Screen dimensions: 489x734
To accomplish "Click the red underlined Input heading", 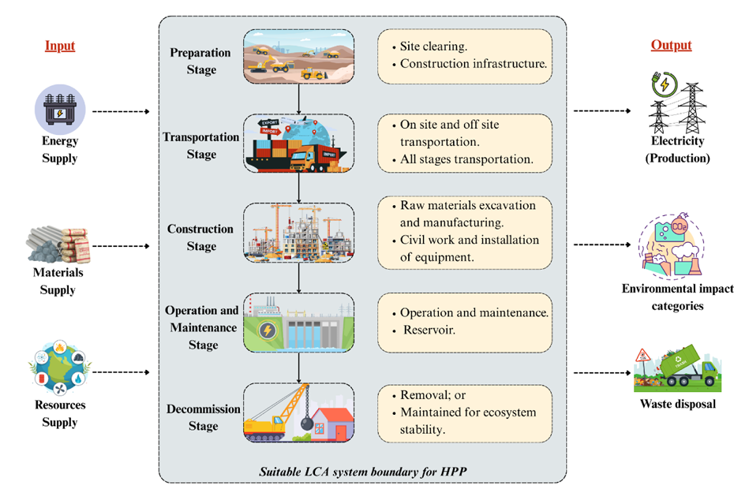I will pyautogui.click(x=60, y=46).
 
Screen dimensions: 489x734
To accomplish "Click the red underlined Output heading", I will pyautogui.click(x=671, y=46).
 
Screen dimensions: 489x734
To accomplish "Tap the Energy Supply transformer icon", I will pyautogui.click(x=60, y=108).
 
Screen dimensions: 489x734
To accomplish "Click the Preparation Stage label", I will pyautogui.click(x=200, y=61).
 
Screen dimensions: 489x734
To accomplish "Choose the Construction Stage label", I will pyautogui.click(x=200, y=237).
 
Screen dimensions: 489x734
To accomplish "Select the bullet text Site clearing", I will pyautogui.click(x=433, y=46).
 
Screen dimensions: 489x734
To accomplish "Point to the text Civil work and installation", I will pyautogui.click(x=470, y=240).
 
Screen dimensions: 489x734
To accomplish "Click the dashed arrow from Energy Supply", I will pyautogui.click(x=120, y=112).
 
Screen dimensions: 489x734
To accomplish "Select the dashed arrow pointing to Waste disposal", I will pyautogui.click(x=601, y=371).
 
